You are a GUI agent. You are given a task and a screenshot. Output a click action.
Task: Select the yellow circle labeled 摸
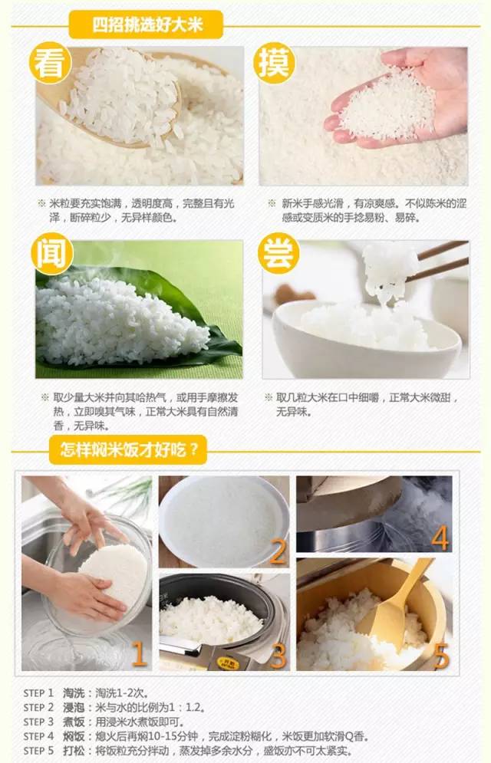coord(276,65)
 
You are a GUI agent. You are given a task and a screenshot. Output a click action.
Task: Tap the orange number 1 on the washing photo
coord(138,654)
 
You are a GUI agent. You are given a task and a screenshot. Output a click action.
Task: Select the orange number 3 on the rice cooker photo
coord(278,656)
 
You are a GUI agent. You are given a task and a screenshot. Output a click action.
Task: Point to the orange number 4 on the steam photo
coord(440,538)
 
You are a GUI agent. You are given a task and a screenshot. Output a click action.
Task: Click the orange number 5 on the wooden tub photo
coord(440,656)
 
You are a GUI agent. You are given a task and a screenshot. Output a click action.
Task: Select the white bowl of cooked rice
coord(361,337)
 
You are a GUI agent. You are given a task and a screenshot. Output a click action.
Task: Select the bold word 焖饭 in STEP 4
coord(74,735)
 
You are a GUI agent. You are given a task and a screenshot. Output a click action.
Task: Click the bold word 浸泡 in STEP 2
coord(74,707)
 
